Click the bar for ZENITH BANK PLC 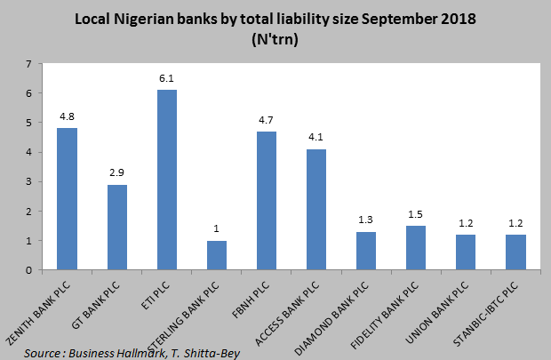(x=67, y=199)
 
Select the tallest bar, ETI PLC (x=167, y=180)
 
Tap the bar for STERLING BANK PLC (x=217, y=255)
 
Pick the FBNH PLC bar (x=267, y=201)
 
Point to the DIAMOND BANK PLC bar (x=366, y=251)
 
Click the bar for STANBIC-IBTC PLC (x=515, y=252)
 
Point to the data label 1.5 (x=416, y=216)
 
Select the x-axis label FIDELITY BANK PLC (x=395, y=316)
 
